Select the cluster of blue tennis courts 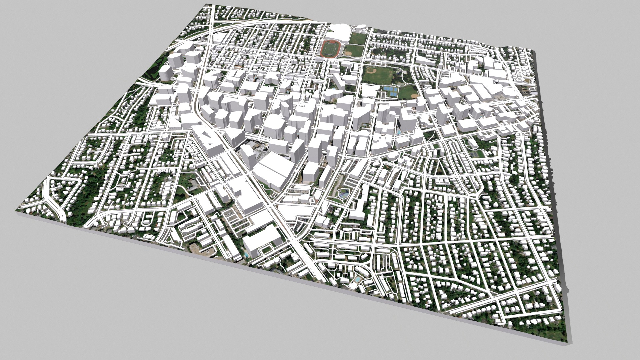[390, 91]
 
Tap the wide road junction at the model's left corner [53, 204]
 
